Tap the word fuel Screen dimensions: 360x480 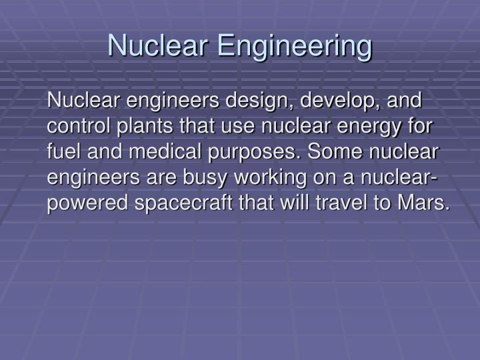(x=62, y=151)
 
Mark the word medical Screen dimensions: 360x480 (x=159, y=151)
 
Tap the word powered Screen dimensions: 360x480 (x=83, y=203)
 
